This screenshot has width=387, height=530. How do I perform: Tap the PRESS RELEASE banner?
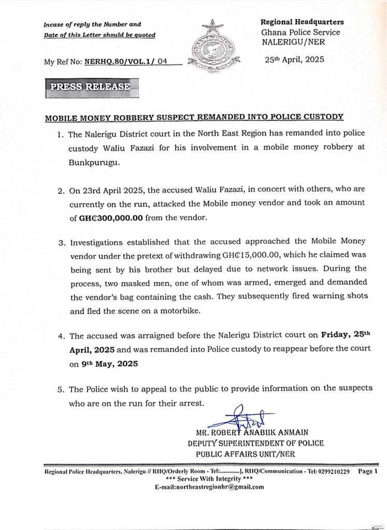pyautogui.click(x=91, y=87)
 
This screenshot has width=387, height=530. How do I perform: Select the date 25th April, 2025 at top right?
pyautogui.click(x=294, y=60)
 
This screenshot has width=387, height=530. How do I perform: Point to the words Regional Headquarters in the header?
pyautogui.click(x=302, y=22)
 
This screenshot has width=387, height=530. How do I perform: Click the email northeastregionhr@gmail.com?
pyautogui.click(x=209, y=487)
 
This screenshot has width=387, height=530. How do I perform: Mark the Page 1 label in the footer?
pyautogui.click(x=368, y=472)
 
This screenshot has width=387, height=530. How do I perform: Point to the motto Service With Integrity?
pyautogui.click(x=209, y=479)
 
